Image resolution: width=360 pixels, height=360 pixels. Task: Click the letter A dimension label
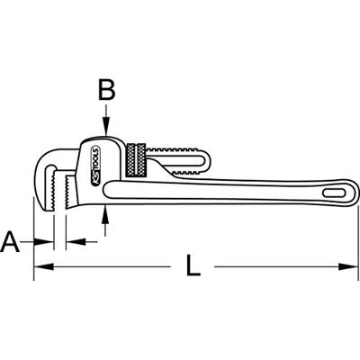point(11,240)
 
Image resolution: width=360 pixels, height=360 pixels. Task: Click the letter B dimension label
point(106,90)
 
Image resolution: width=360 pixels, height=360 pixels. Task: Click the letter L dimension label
point(192,265)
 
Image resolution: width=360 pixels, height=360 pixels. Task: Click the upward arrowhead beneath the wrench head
point(106,210)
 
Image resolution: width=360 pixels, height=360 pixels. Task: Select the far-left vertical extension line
point(34,238)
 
